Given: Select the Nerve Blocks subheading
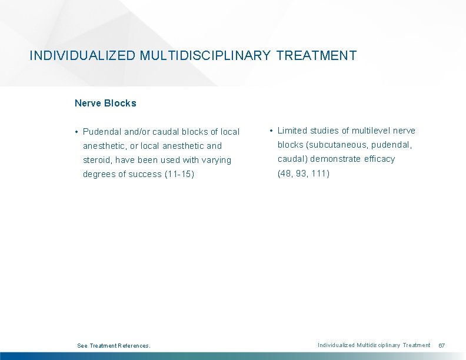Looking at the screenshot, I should click(x=105, y=103).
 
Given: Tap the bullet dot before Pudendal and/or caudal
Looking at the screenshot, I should click(x=77, y=132).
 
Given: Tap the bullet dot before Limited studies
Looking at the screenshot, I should click(x=271, y=131).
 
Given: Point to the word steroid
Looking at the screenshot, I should click(x=98, y=160).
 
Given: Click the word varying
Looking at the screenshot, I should click(x=217, y=160).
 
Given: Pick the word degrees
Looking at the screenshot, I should click(x=99, y=174).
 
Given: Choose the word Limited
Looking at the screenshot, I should click(x=293, y=131).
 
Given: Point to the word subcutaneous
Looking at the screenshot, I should click(x=337, y=145).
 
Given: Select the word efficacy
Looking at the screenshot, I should click(x=380, y=159).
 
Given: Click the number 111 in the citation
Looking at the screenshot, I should click(x=320, y=174).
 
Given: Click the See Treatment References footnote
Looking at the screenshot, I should click(x=114, y=345).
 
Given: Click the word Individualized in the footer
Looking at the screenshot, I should click(x=336, y=345).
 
